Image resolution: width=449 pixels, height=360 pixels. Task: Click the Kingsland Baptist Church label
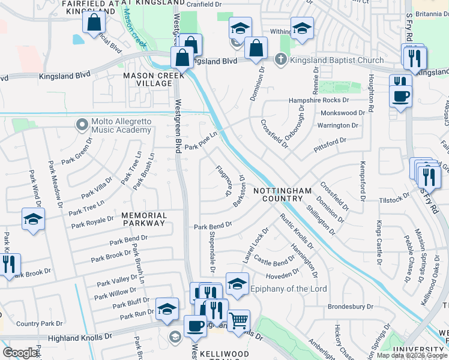click(x=337, y=60)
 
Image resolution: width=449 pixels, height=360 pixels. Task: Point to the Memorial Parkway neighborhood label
click(x=143, y=219)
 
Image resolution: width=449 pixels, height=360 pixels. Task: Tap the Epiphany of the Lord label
click(x=290, y=289)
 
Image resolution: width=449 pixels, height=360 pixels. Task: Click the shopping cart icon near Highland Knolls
click(x=239, y=320)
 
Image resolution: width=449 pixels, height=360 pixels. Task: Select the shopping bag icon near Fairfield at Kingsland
click(x=94, y=23)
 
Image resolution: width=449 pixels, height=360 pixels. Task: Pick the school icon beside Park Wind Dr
click(x=34, y=219)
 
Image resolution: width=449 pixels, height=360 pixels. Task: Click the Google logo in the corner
click(x=20, y=353)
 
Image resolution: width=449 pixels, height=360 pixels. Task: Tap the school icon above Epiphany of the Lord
click(x=237, y=283)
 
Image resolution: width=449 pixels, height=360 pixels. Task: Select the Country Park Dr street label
click(x=40, y=323)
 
